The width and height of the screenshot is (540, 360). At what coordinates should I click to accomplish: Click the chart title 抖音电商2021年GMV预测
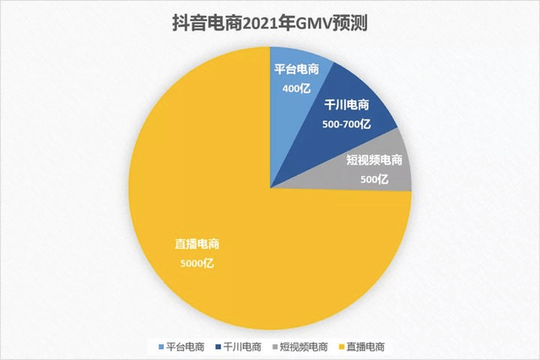pyautogui.click(x=269, y=22)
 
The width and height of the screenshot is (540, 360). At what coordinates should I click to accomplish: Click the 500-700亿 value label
pyautogui.click(x=348, y=123)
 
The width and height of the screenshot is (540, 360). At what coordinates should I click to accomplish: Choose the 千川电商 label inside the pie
pyautogui.click(x=348, y=106)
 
